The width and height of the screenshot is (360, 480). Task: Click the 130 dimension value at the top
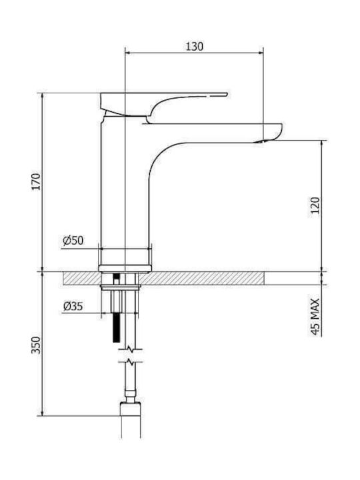click(x=195, y=47)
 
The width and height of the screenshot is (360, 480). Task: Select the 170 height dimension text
click(x=37, y=181)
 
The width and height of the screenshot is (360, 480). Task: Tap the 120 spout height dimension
click(x=315, y=205)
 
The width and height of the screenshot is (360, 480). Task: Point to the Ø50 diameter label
click(x=73, y=240)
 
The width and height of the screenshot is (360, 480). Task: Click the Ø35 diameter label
click(x=73, y=306)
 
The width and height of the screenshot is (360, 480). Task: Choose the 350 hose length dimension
click(x=37, y=345)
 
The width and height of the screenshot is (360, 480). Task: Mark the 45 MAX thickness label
click(x=315, y=317)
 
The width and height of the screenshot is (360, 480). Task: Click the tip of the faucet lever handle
click(x=227, y=94)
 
